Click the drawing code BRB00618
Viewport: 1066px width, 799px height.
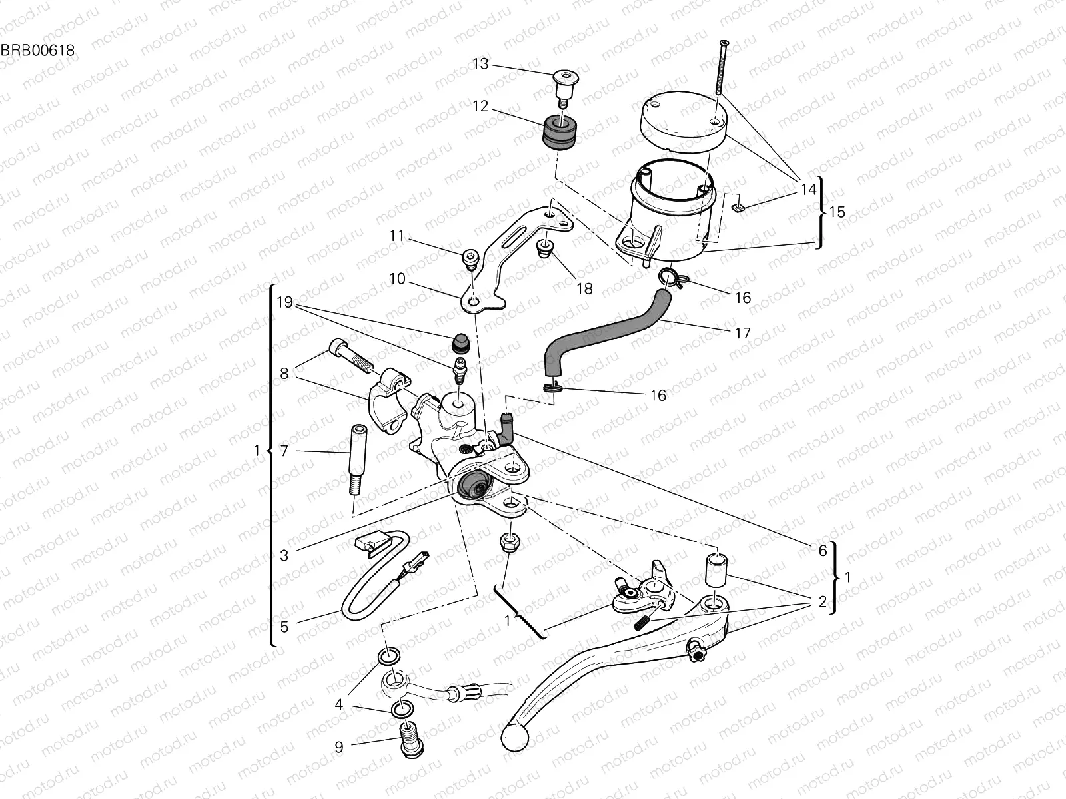pyautogui.click(x=37, y=49)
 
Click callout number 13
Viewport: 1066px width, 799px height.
pyautogui.click(x=480, y=64)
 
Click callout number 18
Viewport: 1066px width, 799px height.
pyautogui.click(x=584, y=288)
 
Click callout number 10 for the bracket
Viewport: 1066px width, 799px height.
pyautogui.click(x=397, y=278)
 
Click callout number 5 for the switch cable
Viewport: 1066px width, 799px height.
pyautogui.click(x=284, y=627)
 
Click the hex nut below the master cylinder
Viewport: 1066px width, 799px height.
pyautogui.click(x=510, y=542)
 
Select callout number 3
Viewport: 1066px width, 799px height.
pyautogui.click(x=284, y=555)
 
